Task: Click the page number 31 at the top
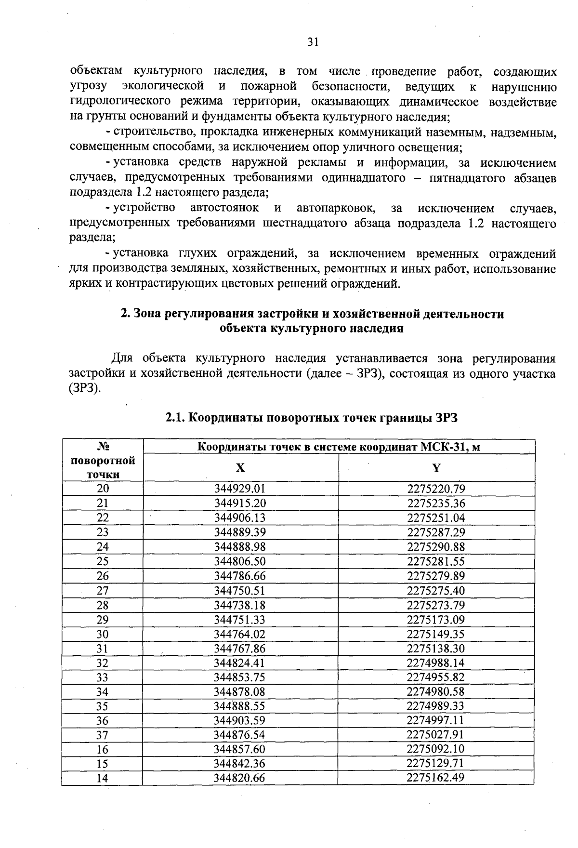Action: pyautogui.click(x=313, y=42)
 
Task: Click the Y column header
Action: pyautogui.click(x=436, y=468)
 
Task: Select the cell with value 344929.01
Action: pyautogui.click(x=240, y=489)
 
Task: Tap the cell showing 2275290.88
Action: pyautogui.click(x=436, y=547)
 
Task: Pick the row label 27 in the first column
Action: pyautogui.click(x=103, y=591)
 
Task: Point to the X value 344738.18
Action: pyautogui.click(x=240, y=605)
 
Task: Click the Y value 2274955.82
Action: pyautogui.click(x=436, y=677)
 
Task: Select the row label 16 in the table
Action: pyautogui.click(x=103, y=750)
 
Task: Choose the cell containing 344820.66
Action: pyautogui.click(x=240, y=778)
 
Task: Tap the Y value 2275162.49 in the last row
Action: pyautogui.click(x=436, y=777)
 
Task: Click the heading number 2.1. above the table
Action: pyautogui.click(x=175, y=418)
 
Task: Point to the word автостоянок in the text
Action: pyautogui.click(x=224, y=208)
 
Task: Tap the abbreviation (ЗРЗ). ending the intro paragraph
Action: pyautogui.click(x=85, y=389)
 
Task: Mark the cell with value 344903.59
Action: pyautogui.click(x=240, y=721)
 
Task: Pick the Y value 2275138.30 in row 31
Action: pyautogui.click(x=436, y=649)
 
